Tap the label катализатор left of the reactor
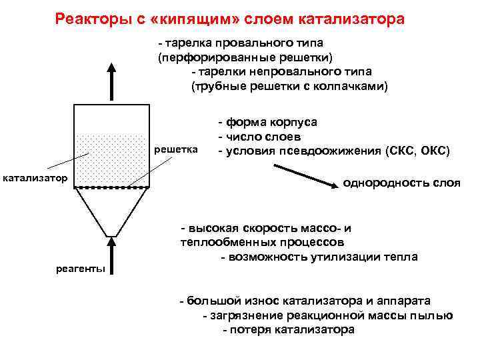pyautogui.click(x=35, y=178)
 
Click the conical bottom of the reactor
pyautogui.click(x=111, y=210)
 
